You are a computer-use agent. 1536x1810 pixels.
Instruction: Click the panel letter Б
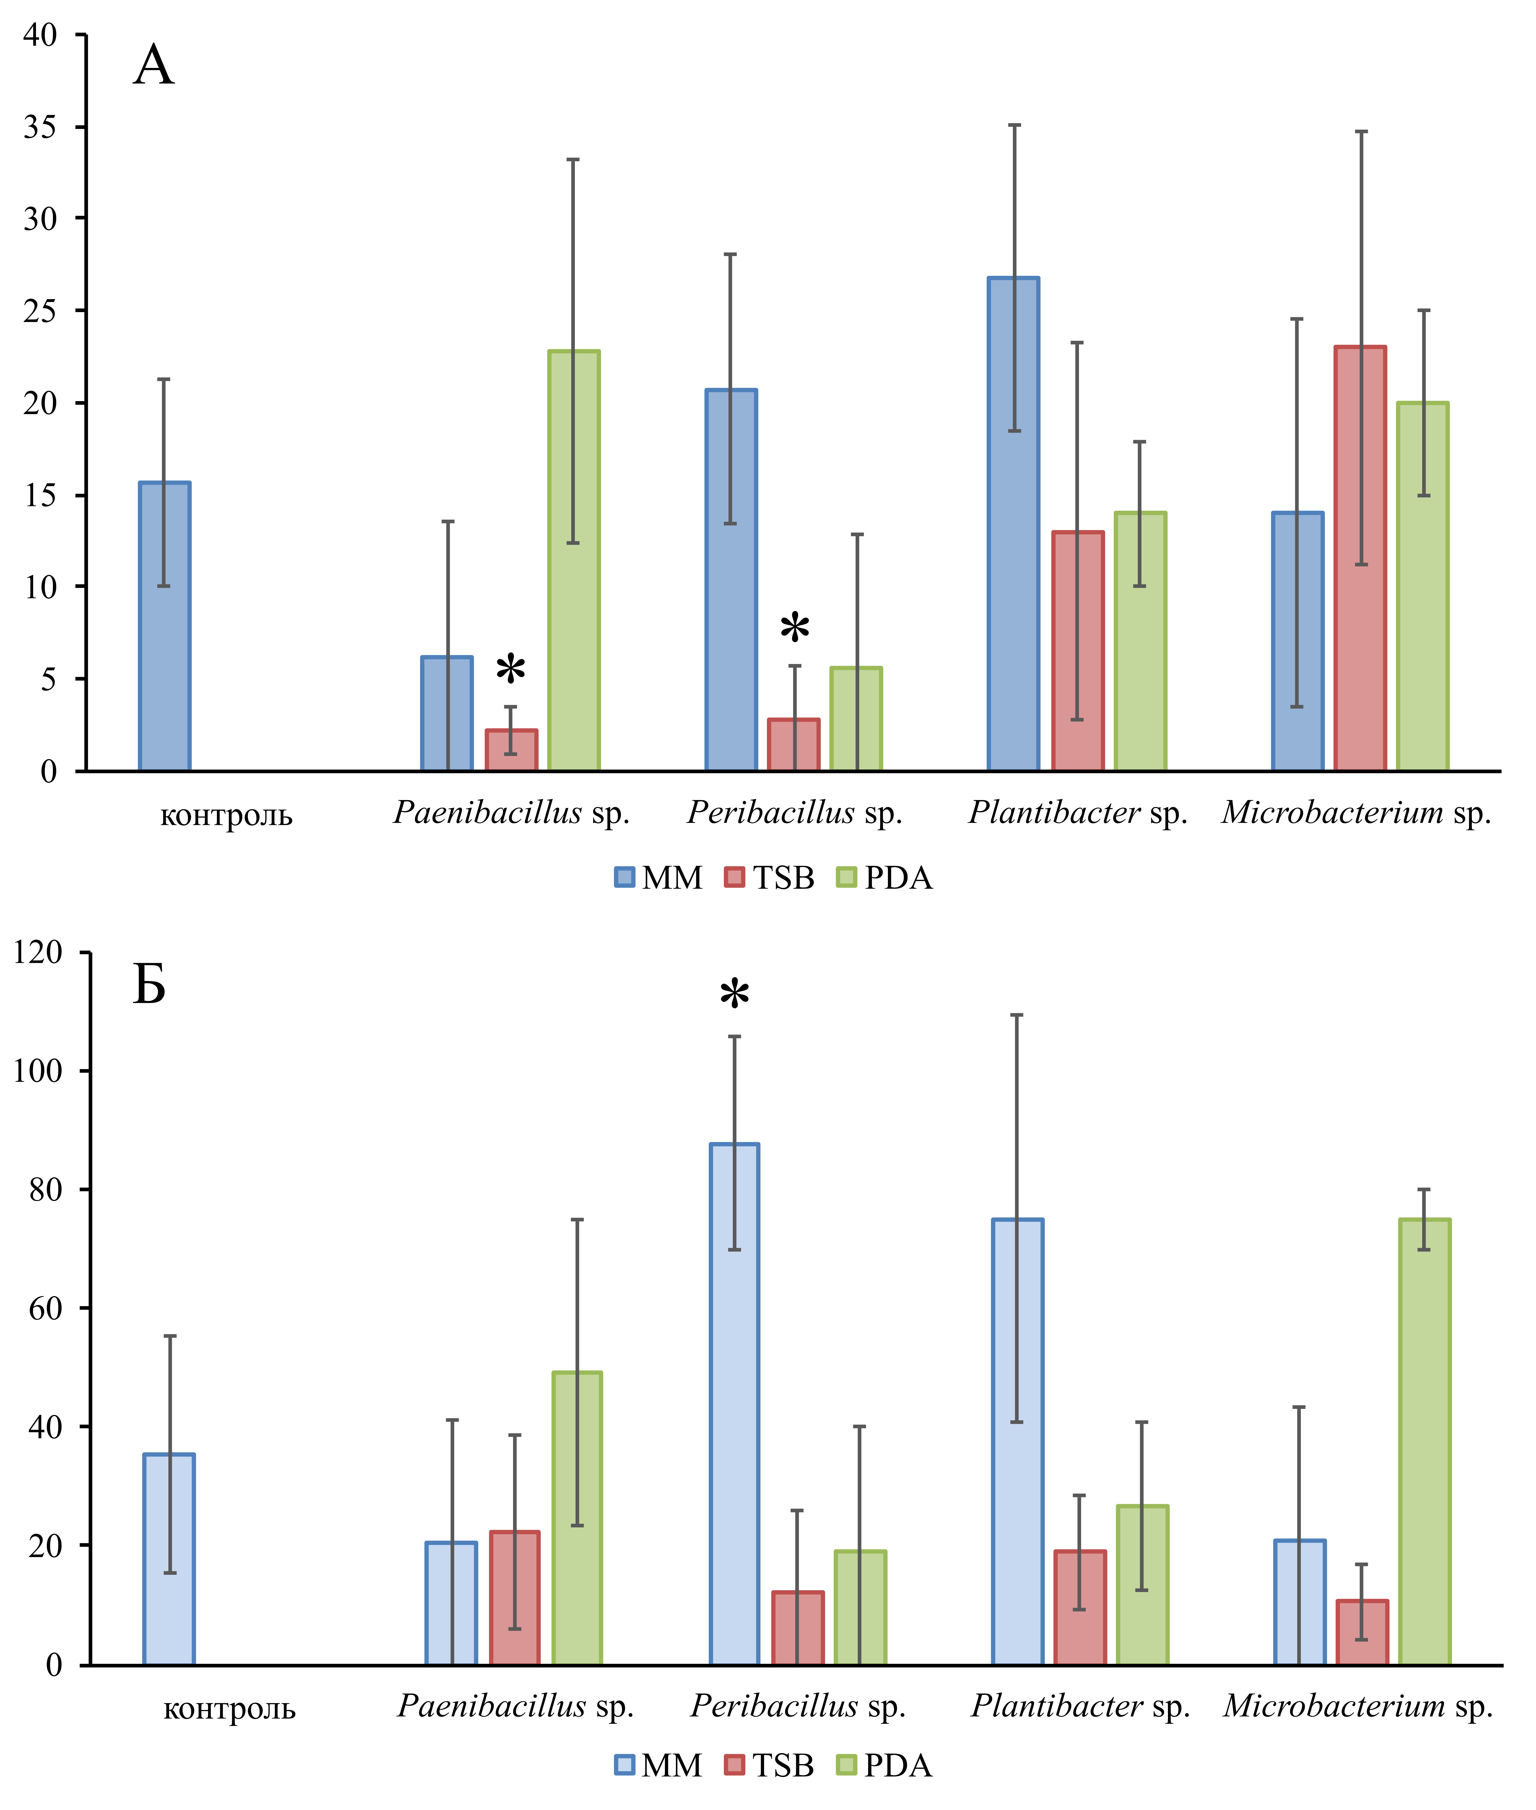click(x=149, y=985)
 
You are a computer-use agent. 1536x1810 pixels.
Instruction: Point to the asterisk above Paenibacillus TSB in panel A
click(x=511, y=671)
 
